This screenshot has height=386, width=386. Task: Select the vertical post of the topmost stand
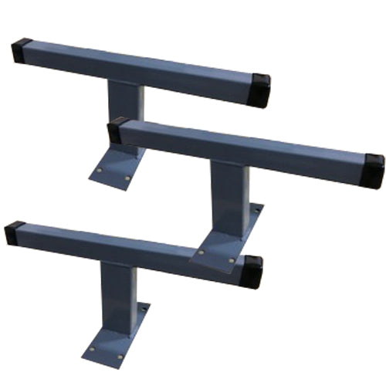[126, 116]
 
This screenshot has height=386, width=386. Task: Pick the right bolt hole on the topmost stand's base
[127, 178]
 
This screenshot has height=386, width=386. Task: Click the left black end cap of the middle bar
[117, 129]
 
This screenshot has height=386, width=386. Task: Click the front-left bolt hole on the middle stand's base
[202, 252]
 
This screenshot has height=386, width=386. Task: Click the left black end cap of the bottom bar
[14, 232]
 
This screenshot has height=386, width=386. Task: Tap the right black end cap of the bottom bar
[252, 271]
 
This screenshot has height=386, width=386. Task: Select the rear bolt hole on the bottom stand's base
[141, 309]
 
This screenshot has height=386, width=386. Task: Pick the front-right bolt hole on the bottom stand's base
[120, 357]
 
